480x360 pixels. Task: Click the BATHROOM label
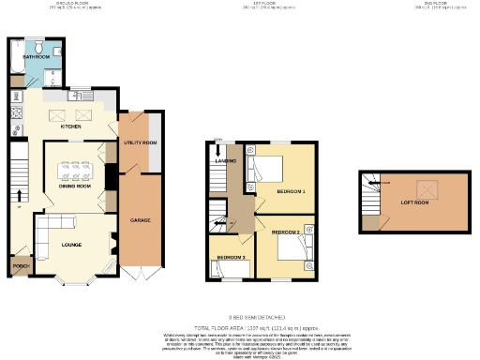(37, 57)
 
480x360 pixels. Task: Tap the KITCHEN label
(71, 126)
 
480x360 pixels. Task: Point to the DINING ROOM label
(75, 186)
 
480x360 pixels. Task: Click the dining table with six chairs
(75, 172)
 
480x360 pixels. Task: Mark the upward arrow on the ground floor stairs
(19, 195)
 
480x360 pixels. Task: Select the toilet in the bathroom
(34, 46)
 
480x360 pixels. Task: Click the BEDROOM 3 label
(231, 256)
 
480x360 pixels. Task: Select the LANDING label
(225, 160)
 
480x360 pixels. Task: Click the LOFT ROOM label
(413, 202)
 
